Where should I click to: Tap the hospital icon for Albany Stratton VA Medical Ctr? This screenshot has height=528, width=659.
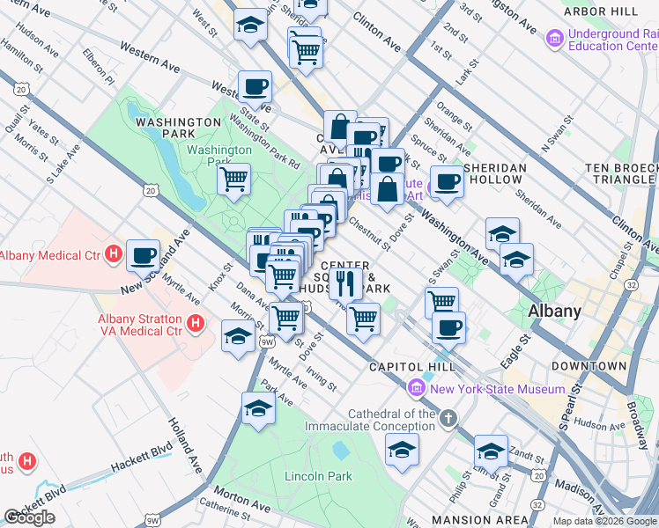pos(196,325)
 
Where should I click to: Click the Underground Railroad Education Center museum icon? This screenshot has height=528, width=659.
pos(554,39)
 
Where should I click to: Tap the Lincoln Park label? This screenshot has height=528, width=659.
pos(318,476)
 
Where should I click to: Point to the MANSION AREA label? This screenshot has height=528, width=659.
pos(479,520)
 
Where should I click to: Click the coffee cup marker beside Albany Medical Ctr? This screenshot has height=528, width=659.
pos(144,255)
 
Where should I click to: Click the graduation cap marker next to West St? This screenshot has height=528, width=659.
pos(251,24)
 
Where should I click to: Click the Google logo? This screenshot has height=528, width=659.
pos(30,517)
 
